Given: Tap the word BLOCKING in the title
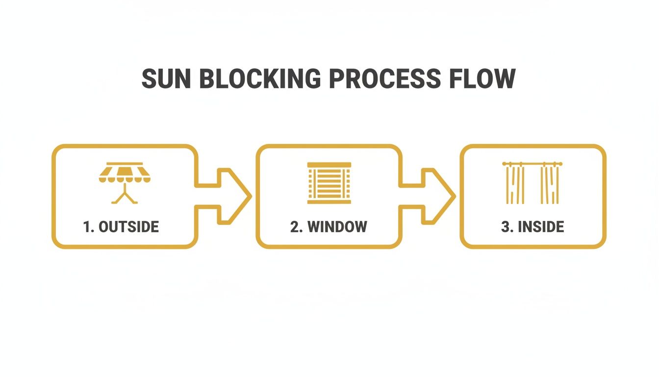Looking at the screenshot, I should (259, 79).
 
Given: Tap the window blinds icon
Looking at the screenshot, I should (329, 183).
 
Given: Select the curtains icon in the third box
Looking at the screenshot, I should (532, 183).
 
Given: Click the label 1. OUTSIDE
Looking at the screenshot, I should (121, 227).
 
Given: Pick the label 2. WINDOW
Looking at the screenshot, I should (329, 227).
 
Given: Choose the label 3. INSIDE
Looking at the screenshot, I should (532, 227).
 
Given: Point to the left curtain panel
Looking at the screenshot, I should (515, 186).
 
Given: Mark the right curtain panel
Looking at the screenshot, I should (550, 186).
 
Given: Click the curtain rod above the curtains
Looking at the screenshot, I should (532, 164).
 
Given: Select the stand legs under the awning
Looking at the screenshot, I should (125, 195).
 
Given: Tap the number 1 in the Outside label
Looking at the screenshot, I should (87, 227).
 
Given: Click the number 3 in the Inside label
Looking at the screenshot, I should (505, 227).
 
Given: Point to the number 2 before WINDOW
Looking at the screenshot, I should (294, 227).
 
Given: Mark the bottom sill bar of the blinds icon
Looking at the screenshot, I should (329, 201).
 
